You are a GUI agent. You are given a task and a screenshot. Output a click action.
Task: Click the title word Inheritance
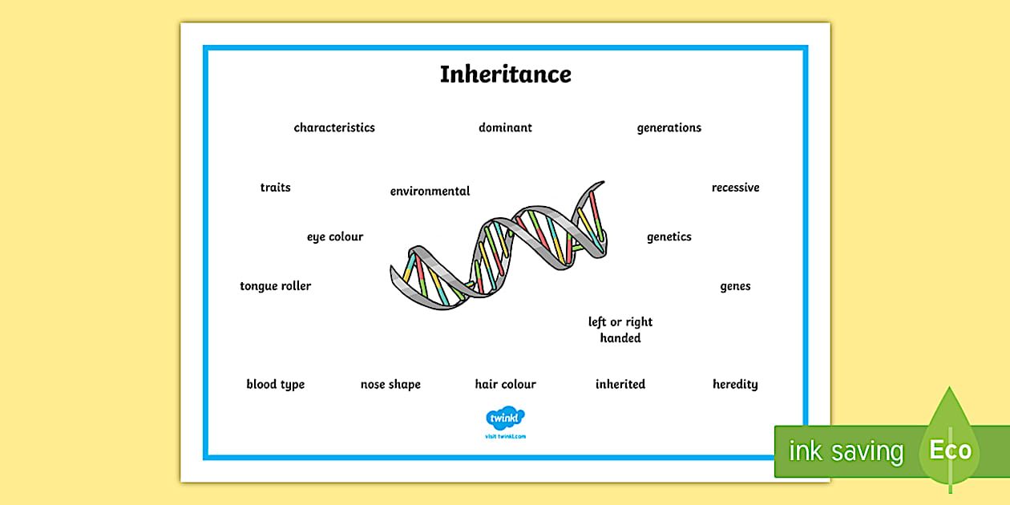click(505, 75)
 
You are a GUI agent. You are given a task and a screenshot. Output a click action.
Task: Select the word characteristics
click(334, 127)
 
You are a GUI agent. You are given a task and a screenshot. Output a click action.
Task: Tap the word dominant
click(505, 127)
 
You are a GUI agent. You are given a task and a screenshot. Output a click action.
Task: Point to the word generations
click(669, 127)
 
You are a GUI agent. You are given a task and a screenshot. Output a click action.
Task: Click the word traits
click(275, 188)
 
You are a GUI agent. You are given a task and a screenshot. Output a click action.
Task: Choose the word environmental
click(430, 192)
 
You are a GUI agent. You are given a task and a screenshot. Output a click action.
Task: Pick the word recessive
click(735, 188)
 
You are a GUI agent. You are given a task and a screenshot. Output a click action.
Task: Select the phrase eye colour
click(335, 236)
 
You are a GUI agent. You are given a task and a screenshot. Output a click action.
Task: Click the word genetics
click(669, 236)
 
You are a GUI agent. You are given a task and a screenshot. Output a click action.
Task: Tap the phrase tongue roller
click(275, 286)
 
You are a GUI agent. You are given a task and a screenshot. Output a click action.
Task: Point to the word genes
click(735, 286)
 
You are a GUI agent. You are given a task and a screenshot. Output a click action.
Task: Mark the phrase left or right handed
click(620, 329)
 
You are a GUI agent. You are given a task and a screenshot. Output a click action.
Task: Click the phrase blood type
click(275, 384)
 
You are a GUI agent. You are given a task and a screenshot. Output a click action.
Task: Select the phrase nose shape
click(390, 384)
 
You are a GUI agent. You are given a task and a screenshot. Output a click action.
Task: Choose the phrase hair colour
click(505, 384)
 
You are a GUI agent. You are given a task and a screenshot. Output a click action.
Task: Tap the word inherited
click(620, 384)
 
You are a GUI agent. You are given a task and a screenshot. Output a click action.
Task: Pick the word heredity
click(735, 384)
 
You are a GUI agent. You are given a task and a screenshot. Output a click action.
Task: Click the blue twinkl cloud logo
click(505, 418)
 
